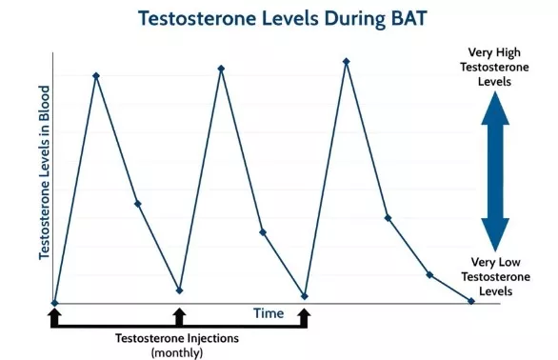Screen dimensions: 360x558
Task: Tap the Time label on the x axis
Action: click(269, 312)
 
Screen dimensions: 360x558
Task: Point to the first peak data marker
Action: click(95, 75)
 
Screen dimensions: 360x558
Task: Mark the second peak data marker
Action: click(221, 68)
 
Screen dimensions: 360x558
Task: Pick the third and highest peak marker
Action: click(346, 61)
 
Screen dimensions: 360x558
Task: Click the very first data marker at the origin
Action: click(54, 303)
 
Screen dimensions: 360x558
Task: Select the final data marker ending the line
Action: click(471, 301)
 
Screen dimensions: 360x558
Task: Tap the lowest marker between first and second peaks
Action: click(179, 290)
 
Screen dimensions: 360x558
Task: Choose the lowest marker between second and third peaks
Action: click(305, 296)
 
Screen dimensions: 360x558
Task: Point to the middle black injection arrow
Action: click(179, 316)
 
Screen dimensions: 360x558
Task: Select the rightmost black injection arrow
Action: click(305, 316)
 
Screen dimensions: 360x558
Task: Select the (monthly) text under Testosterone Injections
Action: click(177, 352)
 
